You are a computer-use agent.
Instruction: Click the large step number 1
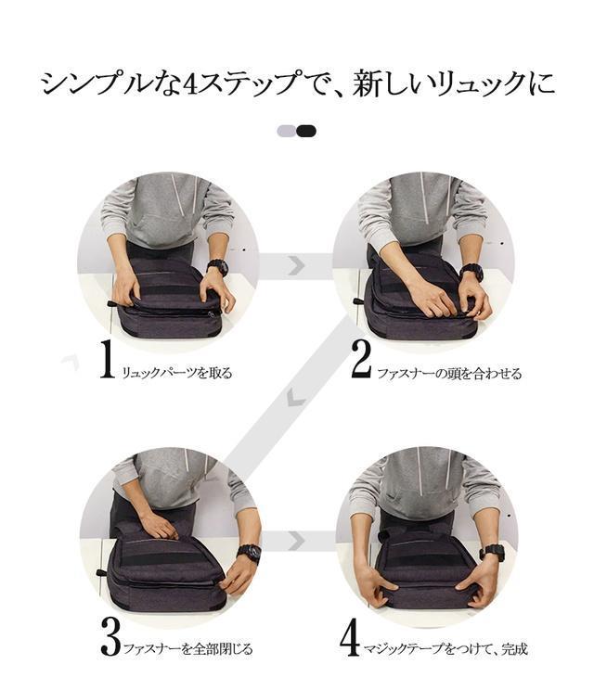(107, 359)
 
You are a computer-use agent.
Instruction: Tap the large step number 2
(362, 359)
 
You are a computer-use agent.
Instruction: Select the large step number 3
(110, 636)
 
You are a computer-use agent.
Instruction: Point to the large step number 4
(351, 637)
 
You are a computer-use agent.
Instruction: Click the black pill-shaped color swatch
(306, 131)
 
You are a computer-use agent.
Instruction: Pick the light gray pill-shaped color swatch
(287, 131)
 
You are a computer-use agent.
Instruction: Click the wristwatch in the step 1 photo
(217, 267)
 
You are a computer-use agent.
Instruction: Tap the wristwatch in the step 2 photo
(471, 273)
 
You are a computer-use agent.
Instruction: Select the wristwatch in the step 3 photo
(249, 553)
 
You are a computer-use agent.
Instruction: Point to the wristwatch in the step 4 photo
(492, 553)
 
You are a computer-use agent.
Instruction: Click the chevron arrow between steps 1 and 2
(296, 266)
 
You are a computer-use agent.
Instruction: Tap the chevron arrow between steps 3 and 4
(296, 541)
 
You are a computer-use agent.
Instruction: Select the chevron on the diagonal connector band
(295, 398)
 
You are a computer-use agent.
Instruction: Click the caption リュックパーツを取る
(176, 373)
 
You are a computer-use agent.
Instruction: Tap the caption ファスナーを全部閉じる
(188, 648)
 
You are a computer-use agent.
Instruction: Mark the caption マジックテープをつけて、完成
(445, 648)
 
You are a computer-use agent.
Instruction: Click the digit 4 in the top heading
(192, 83)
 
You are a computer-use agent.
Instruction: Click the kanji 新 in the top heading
(367, 83)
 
